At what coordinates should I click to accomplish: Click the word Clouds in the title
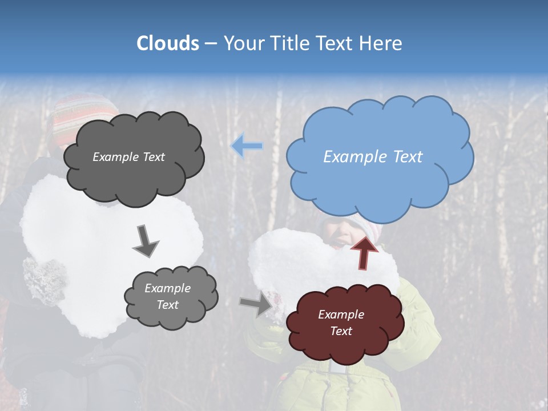point(168,43)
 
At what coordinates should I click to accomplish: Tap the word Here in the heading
point(381,43)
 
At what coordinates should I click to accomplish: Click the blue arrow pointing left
point(247,146)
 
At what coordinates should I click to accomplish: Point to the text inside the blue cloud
point(373,157)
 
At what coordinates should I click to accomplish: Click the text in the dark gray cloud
point(128,157)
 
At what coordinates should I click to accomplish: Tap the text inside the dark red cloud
point(341,323)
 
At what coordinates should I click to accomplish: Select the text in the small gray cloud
point(167,296)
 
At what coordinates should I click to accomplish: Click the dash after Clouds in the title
point(210,43)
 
